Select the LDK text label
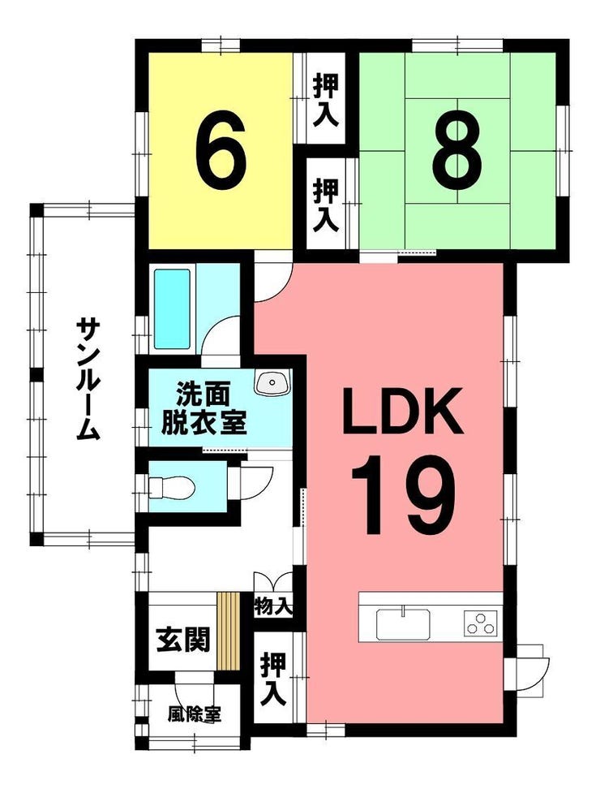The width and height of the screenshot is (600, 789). (402, 411)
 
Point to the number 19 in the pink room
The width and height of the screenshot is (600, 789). (402, 495)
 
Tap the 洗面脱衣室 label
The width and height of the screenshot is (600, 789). (204, 408)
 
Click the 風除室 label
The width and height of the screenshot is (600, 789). (195, 714)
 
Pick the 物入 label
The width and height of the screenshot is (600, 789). (273, 606)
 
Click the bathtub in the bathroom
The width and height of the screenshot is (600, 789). (172, 309)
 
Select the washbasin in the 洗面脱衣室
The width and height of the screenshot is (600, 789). (272, 382)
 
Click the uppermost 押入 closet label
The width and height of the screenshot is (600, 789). (326, 100)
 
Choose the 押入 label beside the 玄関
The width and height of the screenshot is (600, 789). (273, 679)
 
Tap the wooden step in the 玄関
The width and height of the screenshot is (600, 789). (228, 632)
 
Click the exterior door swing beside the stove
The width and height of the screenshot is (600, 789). (533, 669)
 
